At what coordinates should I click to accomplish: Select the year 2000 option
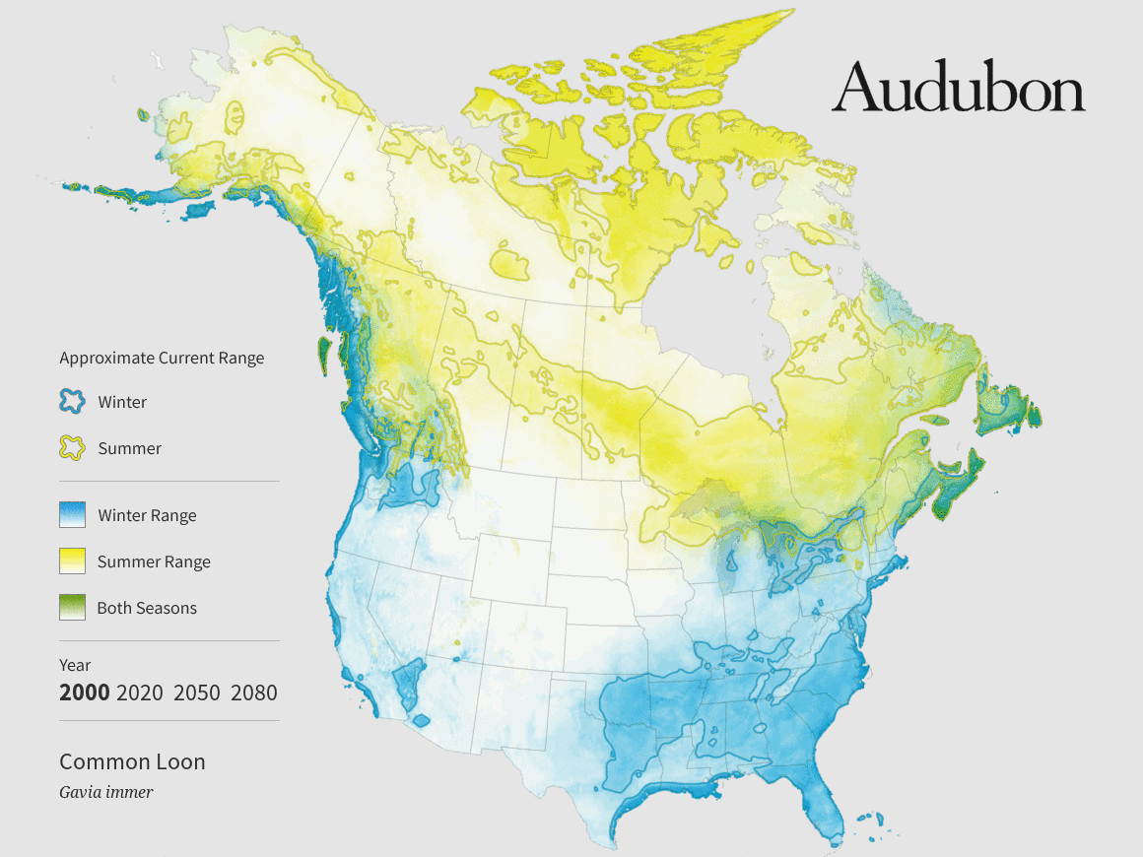point(84,692)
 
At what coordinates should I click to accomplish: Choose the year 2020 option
point(139,692)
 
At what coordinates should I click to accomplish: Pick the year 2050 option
point(196,692)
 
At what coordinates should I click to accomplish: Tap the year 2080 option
point(253,692)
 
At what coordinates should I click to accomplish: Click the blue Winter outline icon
point(73,402)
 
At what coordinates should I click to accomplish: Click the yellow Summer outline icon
point(73,448)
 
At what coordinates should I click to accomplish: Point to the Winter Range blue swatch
point(73,515)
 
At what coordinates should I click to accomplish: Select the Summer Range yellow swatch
point(73,561)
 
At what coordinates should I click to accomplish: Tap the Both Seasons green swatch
point(73,608)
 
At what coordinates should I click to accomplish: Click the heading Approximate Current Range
point(162,358)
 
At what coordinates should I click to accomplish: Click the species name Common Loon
point(132,761)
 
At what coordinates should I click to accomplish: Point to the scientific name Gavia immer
point(105,791)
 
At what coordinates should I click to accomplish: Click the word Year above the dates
point(75,665)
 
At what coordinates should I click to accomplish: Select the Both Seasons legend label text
point(147,608)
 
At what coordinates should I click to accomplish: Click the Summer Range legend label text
point(154,561)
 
